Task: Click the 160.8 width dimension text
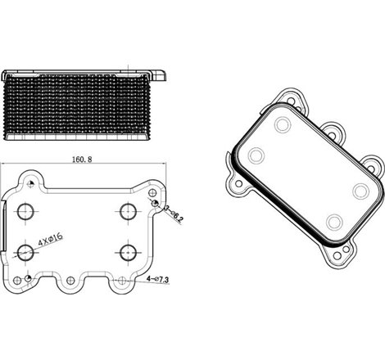point(80,160)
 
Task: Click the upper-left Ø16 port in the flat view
point(25,211)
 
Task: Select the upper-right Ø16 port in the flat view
point(127,211)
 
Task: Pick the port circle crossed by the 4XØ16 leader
point(25,252)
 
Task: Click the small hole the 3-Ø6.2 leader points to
point(153,201)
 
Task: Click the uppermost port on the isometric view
point(283,125)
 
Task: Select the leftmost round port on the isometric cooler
point(256,155)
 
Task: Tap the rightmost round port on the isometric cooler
point(359,190)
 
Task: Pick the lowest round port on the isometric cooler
point(333,221)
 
